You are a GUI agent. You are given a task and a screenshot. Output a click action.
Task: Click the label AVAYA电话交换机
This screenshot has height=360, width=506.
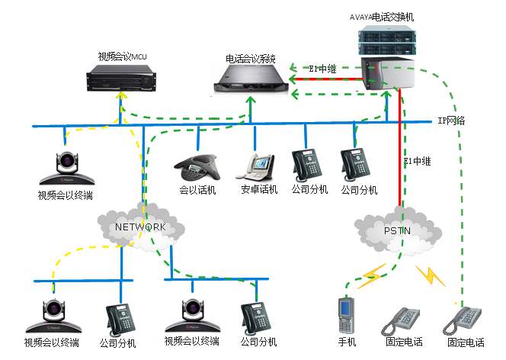(x=382, y=17)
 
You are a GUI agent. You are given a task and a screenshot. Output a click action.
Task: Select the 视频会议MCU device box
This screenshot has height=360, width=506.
(x=121, y=78)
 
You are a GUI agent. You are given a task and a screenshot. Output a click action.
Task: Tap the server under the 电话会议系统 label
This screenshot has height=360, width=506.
(x=251, y=78)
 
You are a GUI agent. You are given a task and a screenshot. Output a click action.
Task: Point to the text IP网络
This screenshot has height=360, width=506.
(x=451, y=121)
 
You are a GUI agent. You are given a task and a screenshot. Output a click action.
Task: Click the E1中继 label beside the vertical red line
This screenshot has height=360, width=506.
(x=418, y=161)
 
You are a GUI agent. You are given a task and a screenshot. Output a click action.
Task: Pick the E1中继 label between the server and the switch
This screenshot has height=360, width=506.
(x=322, y=69)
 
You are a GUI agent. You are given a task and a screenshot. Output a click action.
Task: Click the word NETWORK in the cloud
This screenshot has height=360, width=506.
(x=141, y=227)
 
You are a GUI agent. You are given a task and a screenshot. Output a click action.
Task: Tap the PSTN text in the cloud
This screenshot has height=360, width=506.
(x=397, y=231)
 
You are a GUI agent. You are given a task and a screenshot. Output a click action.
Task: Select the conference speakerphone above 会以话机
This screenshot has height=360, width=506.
(x=197, y=168)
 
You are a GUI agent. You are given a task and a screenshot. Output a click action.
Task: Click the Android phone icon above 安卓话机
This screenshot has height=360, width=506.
(x=255, y=166)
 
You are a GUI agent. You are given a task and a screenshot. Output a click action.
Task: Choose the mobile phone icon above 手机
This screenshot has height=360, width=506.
(x=346, y=316)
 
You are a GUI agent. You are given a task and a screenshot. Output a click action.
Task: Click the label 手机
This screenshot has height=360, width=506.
(x=347, y=342)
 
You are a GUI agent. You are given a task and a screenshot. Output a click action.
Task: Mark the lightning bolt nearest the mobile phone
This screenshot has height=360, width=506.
(x=372, y=277)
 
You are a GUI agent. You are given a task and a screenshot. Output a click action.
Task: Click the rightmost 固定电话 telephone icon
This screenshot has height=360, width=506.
(x=462, y=320)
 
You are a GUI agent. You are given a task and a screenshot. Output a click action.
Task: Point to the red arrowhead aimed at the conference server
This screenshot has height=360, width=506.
(x=293, y=79)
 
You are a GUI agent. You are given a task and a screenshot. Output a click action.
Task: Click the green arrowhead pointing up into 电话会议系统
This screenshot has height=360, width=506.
(x=251, y=101)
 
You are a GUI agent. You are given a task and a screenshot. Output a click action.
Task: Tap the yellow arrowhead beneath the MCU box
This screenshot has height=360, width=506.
(x=121, y=95)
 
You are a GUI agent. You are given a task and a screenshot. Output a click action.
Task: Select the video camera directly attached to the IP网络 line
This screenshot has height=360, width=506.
(x=67, y=168)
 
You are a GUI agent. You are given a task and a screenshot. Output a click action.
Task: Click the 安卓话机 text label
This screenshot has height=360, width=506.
(x=259, y=189)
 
